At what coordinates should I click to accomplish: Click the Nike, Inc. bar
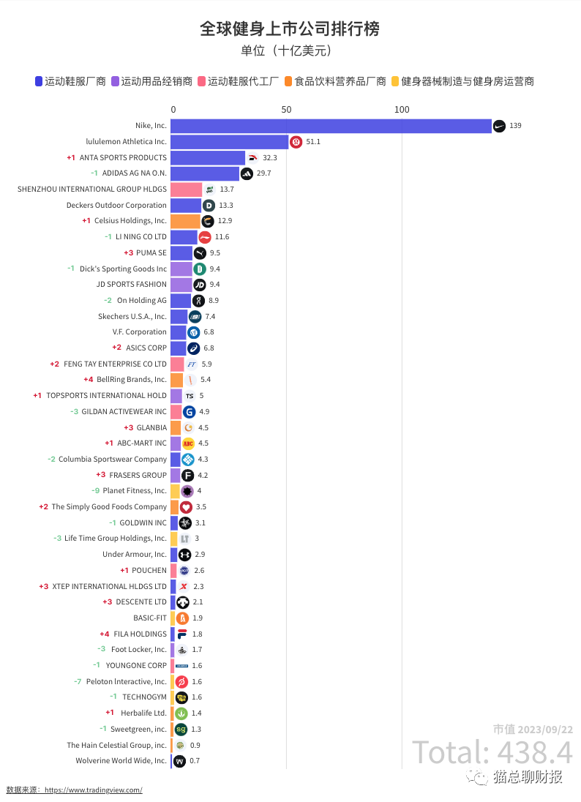331,126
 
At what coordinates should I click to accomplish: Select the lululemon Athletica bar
230,142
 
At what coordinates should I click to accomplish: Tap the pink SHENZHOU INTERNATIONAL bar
186,190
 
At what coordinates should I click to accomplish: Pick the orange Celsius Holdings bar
184,221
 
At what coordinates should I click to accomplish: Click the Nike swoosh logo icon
499,126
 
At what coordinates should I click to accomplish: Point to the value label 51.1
313,142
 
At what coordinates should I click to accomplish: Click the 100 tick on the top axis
402,110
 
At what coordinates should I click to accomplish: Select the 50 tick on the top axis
286,110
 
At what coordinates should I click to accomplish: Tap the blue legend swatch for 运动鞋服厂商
39,81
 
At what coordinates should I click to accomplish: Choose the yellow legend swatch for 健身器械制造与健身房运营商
395,81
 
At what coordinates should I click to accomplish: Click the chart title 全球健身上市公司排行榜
290,29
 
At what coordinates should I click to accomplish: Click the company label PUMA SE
151,253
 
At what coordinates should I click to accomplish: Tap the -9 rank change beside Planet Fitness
96,491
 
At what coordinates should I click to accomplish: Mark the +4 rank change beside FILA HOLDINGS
105,634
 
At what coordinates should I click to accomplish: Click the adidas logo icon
247,173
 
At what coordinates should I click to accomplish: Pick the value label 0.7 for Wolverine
195,761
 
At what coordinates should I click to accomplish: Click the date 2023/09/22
545,730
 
